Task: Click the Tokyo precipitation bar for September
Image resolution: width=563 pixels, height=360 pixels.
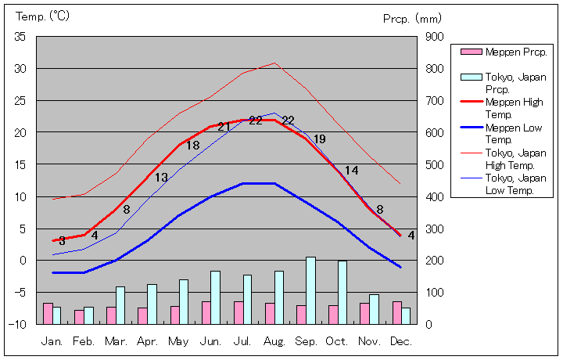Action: pyautogui.click(x=310, y=290)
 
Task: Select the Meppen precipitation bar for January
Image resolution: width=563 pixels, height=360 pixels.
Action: pyautogui.click(x=48, y=313)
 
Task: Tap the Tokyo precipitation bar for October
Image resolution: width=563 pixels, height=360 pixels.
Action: pyautogui.click(x=342, y=292)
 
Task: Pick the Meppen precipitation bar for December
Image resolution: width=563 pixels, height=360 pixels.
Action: pyautogui.click(x=396, y=312)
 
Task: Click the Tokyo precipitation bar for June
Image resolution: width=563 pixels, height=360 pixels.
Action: pyautogui.click(x=215, y=297)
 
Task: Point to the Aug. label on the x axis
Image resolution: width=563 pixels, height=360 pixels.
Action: pyautogui.click(x=274, y=341)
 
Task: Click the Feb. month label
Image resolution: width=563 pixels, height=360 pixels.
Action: pyautogui.click(x=84, y=341)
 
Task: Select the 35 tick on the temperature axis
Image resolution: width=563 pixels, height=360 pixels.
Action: pyautogui.click(x=20, y=37)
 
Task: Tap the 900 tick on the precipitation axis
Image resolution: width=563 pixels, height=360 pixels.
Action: pyautogui.click(x=434, y=37)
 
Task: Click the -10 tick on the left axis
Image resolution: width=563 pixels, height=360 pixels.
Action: pyautogui.click(x=19, y=324)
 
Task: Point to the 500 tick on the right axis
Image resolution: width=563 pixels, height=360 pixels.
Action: pyautogui.click(x=434, y=164)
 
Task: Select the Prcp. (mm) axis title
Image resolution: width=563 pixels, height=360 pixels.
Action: pyautogui.click(x=413, y=18)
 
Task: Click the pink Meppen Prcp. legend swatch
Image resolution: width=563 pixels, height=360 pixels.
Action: pyautogui.click(x=471, y=52)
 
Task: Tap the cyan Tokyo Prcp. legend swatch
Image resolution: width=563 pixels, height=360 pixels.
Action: pyautogui.click(x=471, y=77)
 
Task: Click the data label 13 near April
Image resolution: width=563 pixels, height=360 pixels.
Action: pyautogui.click(x=161, y=178)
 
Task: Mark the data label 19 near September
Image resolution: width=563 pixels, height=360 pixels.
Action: pyautogui.click(x=319, y=139)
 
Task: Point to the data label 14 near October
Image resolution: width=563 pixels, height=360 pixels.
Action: pyautogui.click(x=352, y=171)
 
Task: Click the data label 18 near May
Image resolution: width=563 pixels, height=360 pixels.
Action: pyautogui.click(x=192, y=146)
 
